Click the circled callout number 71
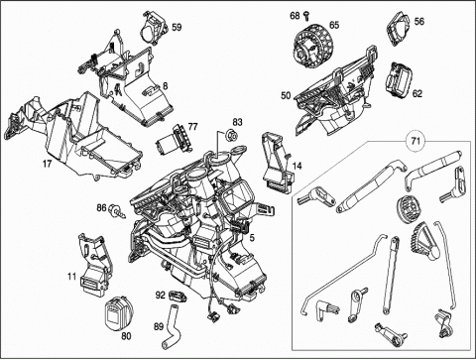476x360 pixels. tap(416, 141)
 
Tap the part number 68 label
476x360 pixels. tap(295, 16)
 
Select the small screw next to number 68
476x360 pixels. tap(305, 15)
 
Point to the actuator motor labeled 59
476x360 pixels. tap(154, 27)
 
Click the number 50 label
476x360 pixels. tap(286, 96)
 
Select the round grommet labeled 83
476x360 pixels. tap(231, 135)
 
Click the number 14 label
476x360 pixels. tap(297, 166)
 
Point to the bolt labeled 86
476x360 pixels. tap(117, 210)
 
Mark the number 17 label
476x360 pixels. tap(47, 163)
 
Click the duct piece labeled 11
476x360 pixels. tap(94, 264)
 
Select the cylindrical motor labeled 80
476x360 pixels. tap(117, 312)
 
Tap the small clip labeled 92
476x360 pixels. tap(177, 296)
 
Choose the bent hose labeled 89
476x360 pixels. tap(172, 326)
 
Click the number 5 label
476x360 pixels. tap(252, 238)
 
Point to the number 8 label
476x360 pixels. tap(166, 86)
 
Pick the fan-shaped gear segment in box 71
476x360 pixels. tap(423, 241)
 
